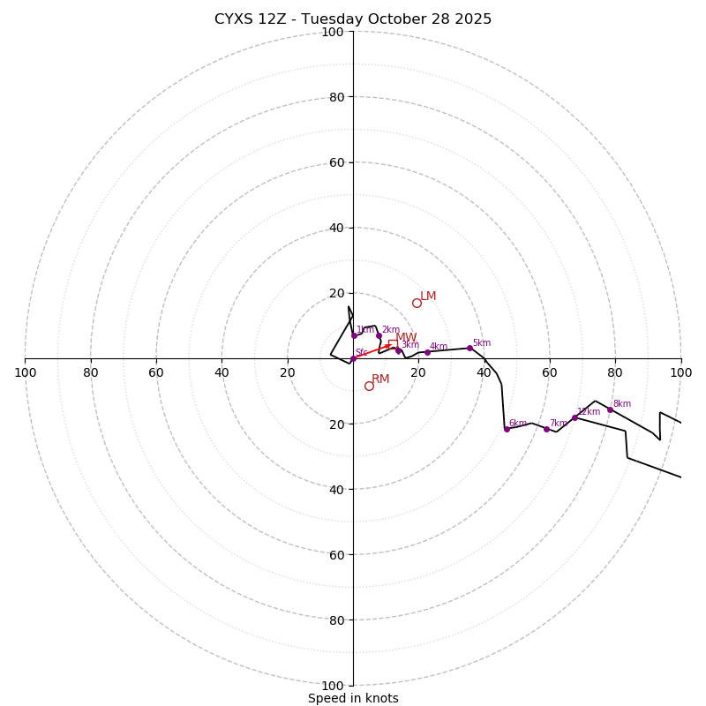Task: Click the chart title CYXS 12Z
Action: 353,19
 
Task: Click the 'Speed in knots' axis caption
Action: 353,698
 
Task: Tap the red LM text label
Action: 428,297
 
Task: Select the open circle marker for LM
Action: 417,303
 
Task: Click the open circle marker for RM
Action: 369,386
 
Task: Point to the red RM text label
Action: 380,379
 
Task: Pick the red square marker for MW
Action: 393,344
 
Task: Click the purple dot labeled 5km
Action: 469,348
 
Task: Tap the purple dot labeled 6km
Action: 507,429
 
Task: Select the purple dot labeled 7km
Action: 546,429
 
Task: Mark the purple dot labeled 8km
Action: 610,409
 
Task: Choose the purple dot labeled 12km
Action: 575,417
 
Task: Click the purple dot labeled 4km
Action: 427,352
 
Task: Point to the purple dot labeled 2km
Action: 379,335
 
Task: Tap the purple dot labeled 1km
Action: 354,335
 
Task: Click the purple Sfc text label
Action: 361,353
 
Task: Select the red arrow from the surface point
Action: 372,351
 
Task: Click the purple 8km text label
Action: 622,404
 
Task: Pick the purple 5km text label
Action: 481,343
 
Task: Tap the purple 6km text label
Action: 518,424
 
